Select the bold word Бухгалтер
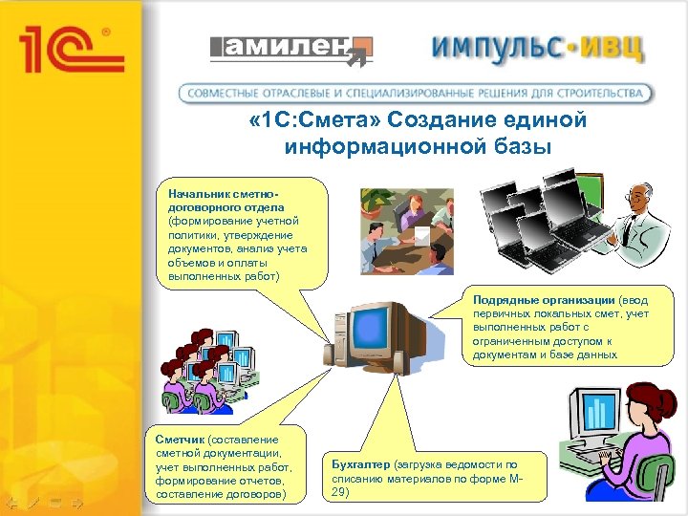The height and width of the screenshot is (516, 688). click(359, 463)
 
